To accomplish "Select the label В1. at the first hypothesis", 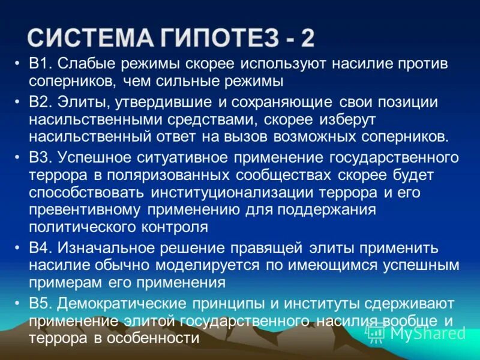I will pos(40,64).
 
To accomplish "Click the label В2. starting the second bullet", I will pos(40,102).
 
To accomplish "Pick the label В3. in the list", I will pos(40,158).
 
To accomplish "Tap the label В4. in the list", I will pos(40,248).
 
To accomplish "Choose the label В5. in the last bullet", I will pos(40,304).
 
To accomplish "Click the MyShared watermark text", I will pos(428,332).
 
